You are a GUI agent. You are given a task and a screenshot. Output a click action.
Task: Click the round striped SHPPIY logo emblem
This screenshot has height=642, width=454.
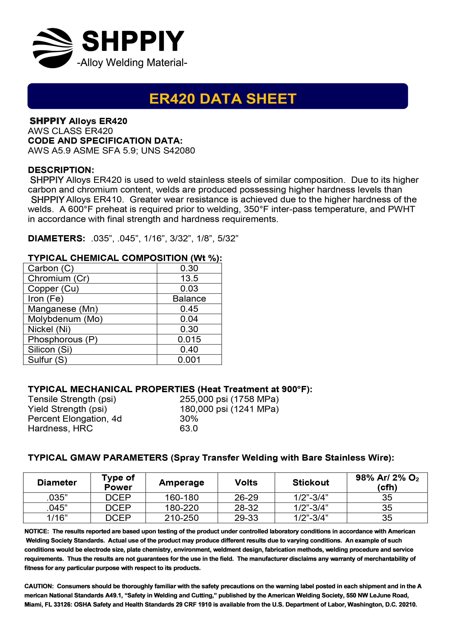click(53, 48)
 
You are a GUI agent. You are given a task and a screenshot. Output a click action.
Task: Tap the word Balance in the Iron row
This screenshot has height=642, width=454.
click(189, 299)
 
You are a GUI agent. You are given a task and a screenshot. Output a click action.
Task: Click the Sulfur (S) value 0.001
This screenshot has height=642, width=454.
click(189, 360)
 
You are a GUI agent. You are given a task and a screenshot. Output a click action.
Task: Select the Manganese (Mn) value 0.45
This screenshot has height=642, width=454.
click(189, 309)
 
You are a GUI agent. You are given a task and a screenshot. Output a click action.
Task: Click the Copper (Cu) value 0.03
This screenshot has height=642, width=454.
click(189, 289)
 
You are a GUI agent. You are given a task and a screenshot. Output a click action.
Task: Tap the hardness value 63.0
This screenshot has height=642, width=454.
click(189, 428)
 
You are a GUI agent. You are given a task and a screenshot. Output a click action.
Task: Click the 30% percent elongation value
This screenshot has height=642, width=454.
click(189, 419)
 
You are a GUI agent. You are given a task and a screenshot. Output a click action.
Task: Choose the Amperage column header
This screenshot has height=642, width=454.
click(182, 482)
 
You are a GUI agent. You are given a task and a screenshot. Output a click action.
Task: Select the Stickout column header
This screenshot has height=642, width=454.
click(311, 482)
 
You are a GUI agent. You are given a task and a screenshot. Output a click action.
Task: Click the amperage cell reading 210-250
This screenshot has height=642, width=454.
click(182, 518)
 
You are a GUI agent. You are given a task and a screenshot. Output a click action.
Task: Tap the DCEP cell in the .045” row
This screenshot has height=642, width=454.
click(118, 508)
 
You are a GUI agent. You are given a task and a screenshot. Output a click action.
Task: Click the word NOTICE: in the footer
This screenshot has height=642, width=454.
click(37, 531)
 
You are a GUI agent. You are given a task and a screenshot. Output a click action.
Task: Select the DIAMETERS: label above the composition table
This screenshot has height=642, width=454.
click(56, 238)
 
